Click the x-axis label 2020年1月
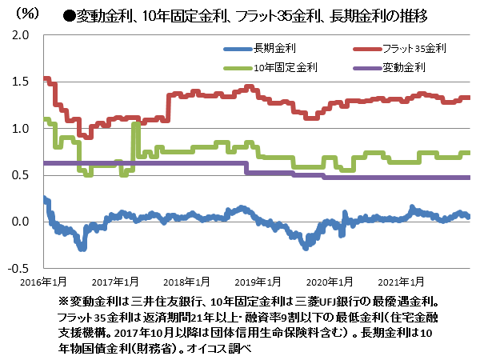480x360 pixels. coord(332,282)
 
